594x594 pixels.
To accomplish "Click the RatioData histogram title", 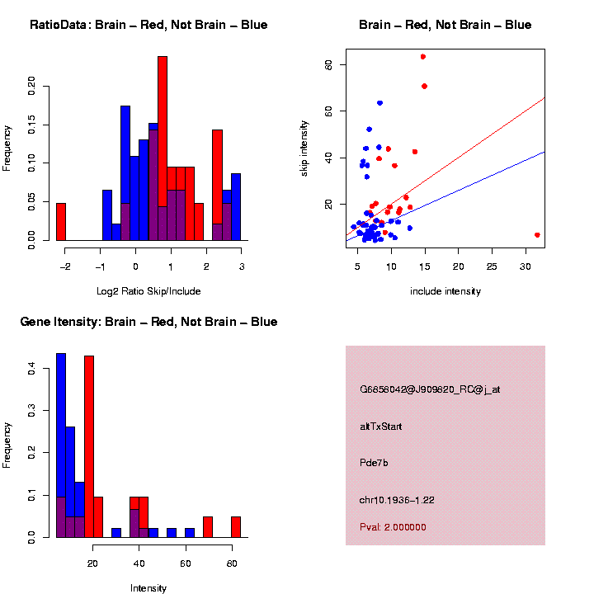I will click(148, 25).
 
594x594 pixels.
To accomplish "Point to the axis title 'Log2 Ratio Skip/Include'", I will click(148, 291).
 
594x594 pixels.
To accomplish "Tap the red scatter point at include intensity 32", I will click(537, 235).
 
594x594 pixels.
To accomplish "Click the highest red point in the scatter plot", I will click(423, 57).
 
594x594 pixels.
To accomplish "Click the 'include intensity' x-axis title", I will click(445, 291).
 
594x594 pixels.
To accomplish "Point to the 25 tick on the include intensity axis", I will click(492, 266).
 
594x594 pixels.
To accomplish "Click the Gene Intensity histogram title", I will click(148, 322).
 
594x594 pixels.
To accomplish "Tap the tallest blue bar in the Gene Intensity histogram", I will click(61, 445).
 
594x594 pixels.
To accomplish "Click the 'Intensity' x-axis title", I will click(148, 588).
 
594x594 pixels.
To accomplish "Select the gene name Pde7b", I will click(375, 463).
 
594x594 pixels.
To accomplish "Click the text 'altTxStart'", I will click(381, 427).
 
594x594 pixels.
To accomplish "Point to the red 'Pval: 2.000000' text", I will click(394, 527).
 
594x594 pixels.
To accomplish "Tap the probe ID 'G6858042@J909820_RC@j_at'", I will click(430, 389).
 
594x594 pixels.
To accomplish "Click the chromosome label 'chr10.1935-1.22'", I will click(398, 500).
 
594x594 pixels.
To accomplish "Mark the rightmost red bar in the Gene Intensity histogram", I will click(236, 526).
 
